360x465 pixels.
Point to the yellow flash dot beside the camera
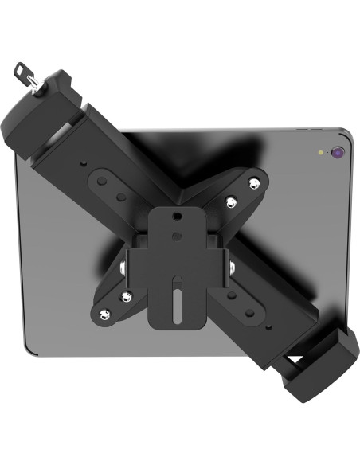point(320,152)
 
